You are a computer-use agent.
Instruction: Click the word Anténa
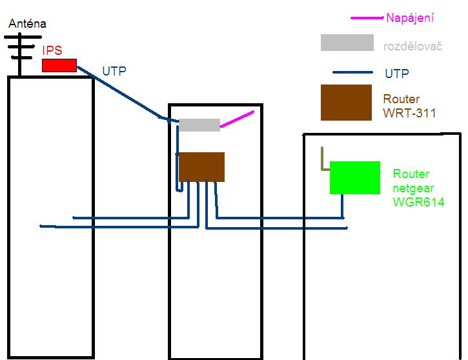[x=27, y=24]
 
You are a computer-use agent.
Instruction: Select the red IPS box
[x=59, y=65]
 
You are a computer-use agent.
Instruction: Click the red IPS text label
[x=52, y=50]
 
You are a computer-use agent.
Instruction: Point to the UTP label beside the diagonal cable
[x=115, y=70]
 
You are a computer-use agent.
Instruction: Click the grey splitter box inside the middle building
[x=199, y=125]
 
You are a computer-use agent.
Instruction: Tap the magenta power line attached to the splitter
[x=237, y=119]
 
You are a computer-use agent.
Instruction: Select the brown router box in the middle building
[x=201, y=167]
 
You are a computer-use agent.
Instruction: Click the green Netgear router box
[x=354, y=177]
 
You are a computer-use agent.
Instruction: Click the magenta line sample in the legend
[x=367, y=18]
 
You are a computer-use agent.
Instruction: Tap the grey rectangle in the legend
[x=347, y=43]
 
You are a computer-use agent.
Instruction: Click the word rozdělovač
[x=412, y=46]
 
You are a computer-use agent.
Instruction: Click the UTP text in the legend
[x=396, y=74]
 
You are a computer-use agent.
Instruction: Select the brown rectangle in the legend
[x=346, y=103]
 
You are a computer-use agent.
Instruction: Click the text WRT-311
[x=409, y=114]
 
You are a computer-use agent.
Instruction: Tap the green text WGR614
[x=418, y=202]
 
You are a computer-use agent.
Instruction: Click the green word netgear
[x=411, y=188]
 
